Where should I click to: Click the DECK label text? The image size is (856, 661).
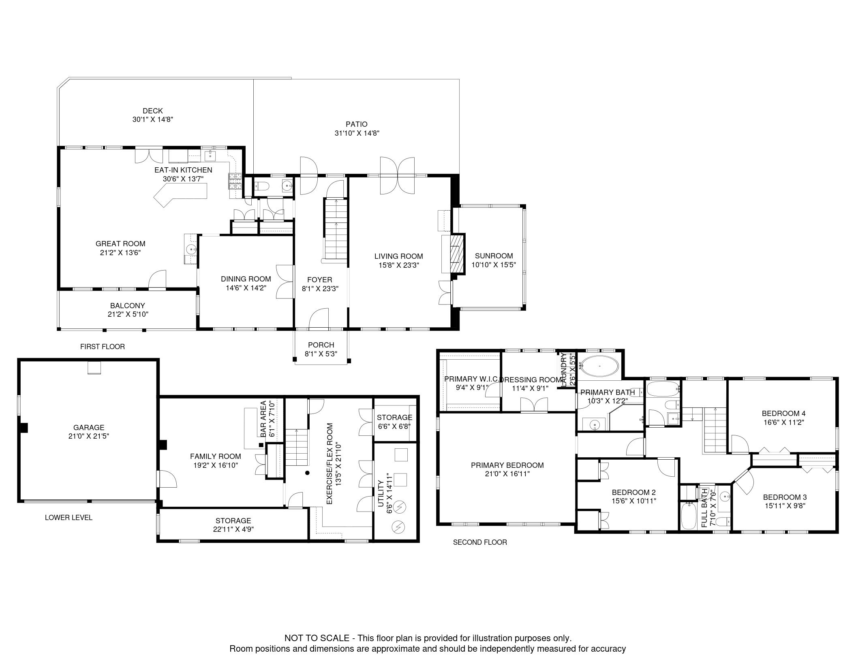click(153, 111)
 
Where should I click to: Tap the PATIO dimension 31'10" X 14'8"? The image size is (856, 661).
click(357, 133)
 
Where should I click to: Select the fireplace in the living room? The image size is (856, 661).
click(457, 254)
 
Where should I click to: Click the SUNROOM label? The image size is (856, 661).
click(494, 256)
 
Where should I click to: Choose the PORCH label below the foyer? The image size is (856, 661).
click(321, 345)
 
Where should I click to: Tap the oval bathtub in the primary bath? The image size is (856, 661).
click(599, 366)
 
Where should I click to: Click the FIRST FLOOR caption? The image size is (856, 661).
click(103, 347)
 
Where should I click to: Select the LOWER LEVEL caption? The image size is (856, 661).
click(68, 518)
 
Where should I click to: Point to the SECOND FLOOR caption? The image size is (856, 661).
click(480, 542)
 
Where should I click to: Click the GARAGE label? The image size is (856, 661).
click(89, 427)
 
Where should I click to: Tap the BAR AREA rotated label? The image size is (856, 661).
click(263, 419)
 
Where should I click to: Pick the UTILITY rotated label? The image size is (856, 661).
click(381, 493)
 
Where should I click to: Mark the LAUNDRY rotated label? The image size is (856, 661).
click(564, 369)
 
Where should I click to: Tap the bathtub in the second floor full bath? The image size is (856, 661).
click(688, 516)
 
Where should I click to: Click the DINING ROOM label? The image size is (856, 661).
click(246, 279)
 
